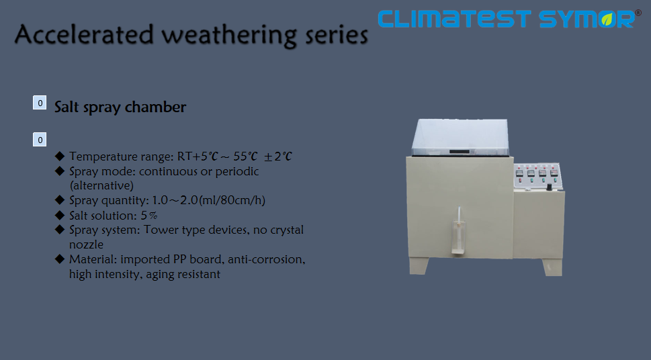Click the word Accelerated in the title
pos(84,34)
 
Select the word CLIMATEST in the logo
pos(455,19)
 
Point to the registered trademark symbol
pos(638,13)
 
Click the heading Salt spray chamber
pos(120,107)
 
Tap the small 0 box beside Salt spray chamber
pos(40,103)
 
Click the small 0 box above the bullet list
pos(40,140)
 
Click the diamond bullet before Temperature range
pos(60,156)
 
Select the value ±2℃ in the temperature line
pos(278,156)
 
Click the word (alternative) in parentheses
pos(101,185)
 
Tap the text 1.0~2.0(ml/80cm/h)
pos(208,200)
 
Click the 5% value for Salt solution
pos(149,216)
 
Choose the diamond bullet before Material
pos(60,259)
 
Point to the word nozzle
pos(87,244)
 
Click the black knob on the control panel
pos(549,187)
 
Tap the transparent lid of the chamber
pos(460,138)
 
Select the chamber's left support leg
pos(419,266)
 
